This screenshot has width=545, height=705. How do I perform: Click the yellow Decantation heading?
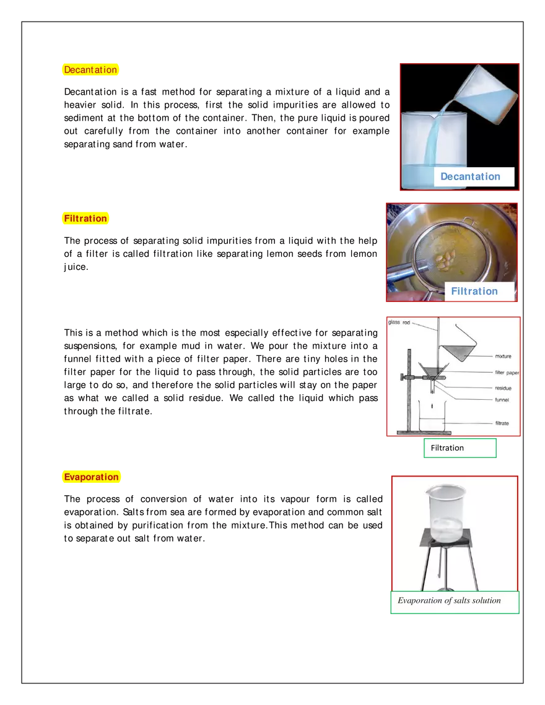coord(90,70)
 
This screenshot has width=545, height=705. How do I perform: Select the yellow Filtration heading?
coord(85,218)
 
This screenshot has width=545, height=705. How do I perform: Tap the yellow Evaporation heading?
coord(91,477)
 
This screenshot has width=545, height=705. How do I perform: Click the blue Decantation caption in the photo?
coord(470,176)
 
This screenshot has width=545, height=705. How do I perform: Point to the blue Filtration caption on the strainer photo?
coord(474,291)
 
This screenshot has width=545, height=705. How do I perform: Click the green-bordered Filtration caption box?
coord(460,448)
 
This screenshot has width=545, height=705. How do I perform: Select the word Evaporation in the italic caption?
coord(419,600)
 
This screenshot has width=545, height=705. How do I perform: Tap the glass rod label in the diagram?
coord(399,322)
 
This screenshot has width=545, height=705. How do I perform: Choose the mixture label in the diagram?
coord(503,357)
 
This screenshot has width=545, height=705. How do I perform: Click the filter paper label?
coord(507,373)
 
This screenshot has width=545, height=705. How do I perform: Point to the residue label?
coord(503,388)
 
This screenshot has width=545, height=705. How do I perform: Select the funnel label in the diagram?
coord(502,400)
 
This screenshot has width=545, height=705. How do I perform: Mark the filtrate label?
coord(502,423)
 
